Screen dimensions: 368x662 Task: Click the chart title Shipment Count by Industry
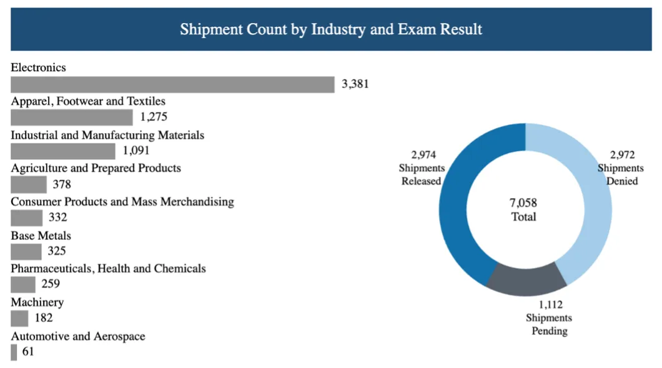click(331, 29)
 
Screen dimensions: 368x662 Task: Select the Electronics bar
click(172, 84)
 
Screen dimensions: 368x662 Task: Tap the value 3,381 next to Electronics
click(355, 84)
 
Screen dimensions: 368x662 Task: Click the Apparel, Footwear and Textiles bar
click(72, 117)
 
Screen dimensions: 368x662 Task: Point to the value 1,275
click(154, 117)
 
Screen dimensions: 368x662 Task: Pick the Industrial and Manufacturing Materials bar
click(63, 151)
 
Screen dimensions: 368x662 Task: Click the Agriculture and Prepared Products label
click(96, 168)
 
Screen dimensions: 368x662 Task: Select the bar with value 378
click(29, 184)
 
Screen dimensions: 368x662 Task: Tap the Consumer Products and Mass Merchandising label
click(122, 202)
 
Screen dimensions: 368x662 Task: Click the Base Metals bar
click(26, 252)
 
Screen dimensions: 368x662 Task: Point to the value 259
click(50, 284)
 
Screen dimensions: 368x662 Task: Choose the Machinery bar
click(19, 319)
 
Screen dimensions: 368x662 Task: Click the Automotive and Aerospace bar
click(14, 352)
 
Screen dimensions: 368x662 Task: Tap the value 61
click(28, 352)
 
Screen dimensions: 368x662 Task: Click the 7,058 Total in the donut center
click(523, 210)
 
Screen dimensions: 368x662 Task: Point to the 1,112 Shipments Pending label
click(549, 317)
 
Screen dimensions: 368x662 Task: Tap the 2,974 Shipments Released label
click(423, 168)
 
